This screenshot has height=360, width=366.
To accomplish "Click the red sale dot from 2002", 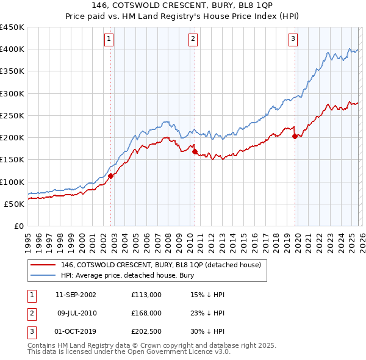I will pos(111,176).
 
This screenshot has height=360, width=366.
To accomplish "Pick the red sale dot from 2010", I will pos(195,152).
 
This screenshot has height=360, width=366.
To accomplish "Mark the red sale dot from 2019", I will pos(295,137).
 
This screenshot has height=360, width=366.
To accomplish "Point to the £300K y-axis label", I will pos(12,93).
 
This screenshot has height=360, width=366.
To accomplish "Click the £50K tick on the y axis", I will pos(15,204).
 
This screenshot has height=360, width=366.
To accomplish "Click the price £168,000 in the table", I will pos(146,312).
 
